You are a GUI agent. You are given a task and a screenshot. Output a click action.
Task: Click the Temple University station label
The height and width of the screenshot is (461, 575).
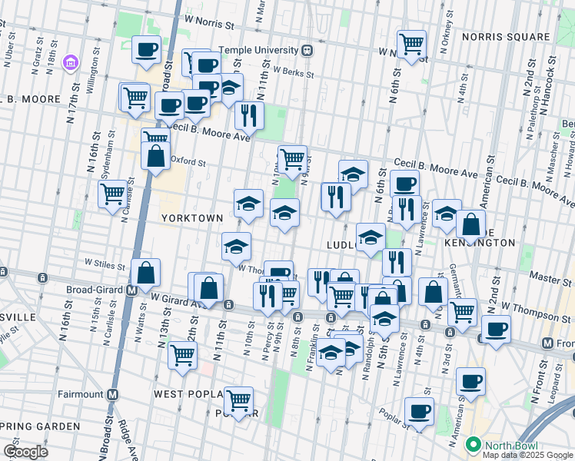click(x=258, y=51)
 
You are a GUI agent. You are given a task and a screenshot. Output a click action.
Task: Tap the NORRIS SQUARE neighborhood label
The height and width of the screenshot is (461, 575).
click(x=507, y=37)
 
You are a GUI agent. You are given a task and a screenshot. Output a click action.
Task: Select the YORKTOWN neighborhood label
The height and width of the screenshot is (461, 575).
click(x=191, y=218)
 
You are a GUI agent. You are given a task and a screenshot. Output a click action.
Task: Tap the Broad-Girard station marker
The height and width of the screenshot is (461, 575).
click(x=131, y=290)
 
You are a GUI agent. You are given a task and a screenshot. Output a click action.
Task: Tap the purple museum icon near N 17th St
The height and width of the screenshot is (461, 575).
click(x=70, y=61)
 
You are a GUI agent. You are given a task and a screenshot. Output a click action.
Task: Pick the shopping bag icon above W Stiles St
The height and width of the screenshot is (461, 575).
click(x=145, y=272)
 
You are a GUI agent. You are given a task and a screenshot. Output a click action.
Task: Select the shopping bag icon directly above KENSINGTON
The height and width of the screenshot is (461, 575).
click(x=470, y=224)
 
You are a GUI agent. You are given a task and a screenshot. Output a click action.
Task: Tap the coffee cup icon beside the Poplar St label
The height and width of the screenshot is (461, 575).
click(x=419, y=411)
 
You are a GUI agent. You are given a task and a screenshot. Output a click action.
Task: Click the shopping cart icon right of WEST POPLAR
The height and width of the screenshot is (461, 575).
click(x=239, y=400)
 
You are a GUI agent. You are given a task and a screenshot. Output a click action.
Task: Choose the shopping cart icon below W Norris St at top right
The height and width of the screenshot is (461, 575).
click(x=412, y=43)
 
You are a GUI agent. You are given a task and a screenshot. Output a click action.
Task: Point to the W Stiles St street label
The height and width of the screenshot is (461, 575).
click(x=105, y=264)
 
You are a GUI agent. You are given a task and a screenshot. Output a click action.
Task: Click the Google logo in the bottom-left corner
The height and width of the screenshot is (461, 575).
click(x=26, y=452)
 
